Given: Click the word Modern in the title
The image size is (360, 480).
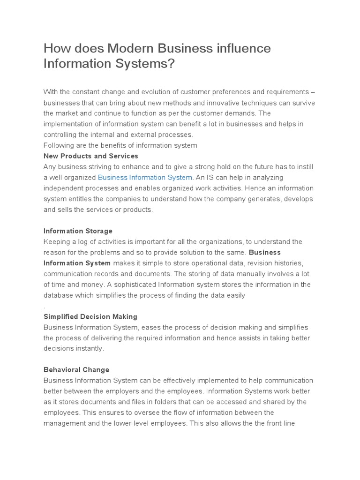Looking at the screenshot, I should [x=129, y=49].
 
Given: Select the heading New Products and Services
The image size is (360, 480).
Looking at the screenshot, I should [x=91, y=156].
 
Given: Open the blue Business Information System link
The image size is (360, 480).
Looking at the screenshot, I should [x=145, y=178].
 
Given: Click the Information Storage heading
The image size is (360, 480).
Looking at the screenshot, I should [x=78, y=231].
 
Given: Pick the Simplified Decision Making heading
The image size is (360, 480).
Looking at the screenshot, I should [x=90, y=317].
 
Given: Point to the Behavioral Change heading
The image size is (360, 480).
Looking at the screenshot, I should [x=76, y=370].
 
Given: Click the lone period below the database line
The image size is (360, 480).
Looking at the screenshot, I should [x=45, y=307].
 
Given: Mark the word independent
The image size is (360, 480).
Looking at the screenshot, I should [x=65, y=188].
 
